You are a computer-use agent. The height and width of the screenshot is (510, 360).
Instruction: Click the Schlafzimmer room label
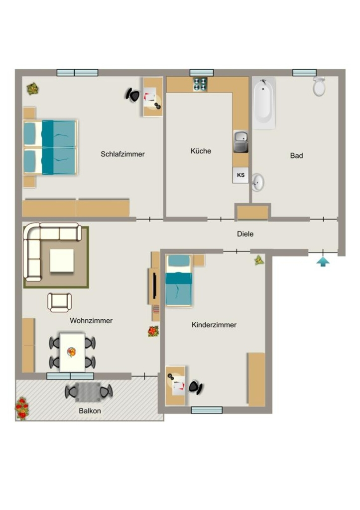coord(122,154)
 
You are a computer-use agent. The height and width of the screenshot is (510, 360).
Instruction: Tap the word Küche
coord(201,151)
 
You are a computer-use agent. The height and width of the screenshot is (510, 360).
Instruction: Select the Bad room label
coord(296,155)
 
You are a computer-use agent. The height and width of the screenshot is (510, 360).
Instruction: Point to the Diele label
coord(245,234)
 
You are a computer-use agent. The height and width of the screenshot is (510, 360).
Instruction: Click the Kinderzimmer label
coord(214,325)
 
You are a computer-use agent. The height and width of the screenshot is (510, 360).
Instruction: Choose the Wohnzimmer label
coord(91,321)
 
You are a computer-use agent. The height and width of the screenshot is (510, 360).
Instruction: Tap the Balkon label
coord(90,411)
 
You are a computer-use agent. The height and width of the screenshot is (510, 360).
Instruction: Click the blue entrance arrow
coord(323,261)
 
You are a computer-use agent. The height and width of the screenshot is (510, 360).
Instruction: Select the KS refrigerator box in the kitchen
coord(240,175)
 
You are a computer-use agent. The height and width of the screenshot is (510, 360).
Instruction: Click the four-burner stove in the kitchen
coord(200,84)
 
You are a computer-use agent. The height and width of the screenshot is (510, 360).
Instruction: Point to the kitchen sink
coord(240,141)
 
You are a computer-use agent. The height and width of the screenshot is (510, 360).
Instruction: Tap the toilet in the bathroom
coord(319,86)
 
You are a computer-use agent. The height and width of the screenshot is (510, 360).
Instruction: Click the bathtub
coord(264,103)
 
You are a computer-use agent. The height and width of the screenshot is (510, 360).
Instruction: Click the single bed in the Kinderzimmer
coord(179,281)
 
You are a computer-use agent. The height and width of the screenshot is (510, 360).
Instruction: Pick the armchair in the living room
coord(60,302)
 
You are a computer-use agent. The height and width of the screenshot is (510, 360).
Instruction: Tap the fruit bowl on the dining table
coord(72,352)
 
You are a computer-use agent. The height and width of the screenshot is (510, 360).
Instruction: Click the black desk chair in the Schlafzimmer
coord(132,95)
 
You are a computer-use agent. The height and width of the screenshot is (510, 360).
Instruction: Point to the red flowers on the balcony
coord(22,408)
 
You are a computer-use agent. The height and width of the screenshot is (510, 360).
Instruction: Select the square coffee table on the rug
coord(62,260)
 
